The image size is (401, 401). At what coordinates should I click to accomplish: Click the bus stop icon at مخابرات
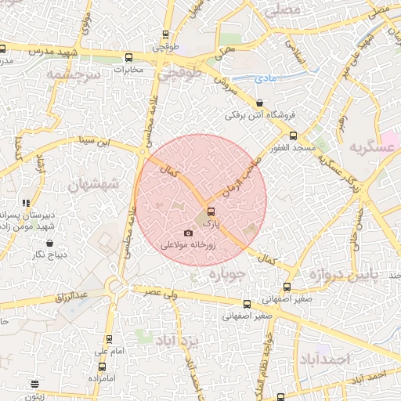(129, 57)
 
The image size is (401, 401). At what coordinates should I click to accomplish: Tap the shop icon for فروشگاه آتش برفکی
(259, 103)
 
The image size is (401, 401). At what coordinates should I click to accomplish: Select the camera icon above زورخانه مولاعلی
(187, 233)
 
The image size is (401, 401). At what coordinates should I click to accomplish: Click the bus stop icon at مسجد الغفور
(293, 135)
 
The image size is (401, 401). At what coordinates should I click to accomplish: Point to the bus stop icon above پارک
(210, 210)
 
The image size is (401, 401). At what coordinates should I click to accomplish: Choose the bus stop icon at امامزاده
(102, 367)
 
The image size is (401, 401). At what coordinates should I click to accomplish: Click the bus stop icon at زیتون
(34, 384)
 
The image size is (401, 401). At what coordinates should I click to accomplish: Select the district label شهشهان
(91, 185)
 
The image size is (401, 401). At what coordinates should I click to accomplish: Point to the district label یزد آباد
(179, 341)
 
